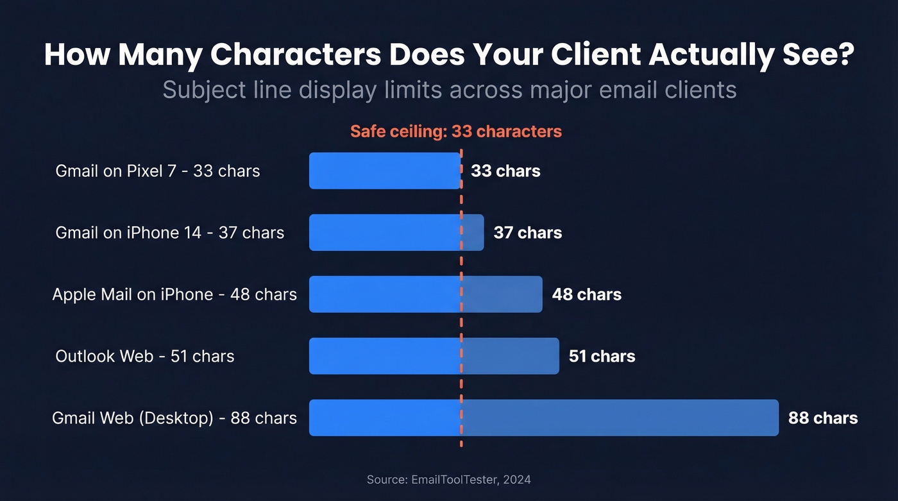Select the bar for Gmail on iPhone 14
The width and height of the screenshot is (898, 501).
pos(396,232)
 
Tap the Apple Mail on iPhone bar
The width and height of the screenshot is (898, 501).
pos(425,294)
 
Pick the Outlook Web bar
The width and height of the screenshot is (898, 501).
pos(434,356)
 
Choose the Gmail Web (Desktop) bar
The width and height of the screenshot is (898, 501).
pos(543,418)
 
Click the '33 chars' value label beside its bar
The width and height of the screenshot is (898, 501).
pos(505,171)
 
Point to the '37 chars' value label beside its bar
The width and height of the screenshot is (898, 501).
pos(527,233)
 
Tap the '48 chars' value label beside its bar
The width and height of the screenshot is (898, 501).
pos(586,294)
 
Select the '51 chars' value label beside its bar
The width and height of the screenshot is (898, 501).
pos(602,356)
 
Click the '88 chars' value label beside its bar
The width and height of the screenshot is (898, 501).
pos(822,418)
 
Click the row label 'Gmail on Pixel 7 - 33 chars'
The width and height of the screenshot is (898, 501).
pos(158,171)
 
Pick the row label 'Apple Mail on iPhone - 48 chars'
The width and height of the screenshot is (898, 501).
pos(174,294)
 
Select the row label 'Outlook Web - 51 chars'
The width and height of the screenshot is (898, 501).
pos(145,356)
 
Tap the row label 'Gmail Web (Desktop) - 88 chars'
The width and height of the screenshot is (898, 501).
pos(174,418)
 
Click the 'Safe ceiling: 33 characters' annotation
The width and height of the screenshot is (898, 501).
pos(455,132)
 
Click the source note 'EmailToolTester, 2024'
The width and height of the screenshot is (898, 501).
pos(471,479)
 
